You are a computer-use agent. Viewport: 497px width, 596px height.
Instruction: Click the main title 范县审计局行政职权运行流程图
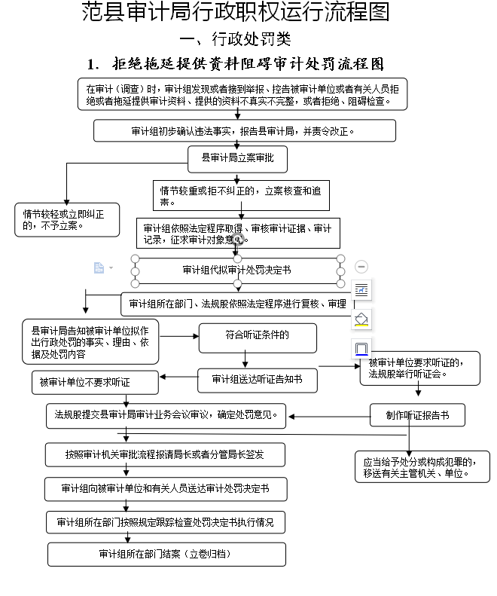(x=235, y=13)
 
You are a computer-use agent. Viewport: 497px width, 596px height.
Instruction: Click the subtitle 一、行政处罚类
(x=235, y=39)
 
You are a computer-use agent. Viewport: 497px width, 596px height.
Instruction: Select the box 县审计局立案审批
(x=237, y=158)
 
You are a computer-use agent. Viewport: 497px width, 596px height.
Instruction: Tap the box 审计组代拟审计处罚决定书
(x=237, y=270)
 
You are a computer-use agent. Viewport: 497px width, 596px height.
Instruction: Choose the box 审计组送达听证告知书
(x=257, y=380)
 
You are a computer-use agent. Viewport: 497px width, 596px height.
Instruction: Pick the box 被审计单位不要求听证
(x=95, y=382)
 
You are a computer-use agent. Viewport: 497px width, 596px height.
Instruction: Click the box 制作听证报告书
(x=417, y=414)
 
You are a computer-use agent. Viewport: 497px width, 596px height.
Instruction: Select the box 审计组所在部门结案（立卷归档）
(x=167, y=554)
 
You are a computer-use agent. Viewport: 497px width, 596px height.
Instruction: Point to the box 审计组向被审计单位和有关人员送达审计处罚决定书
(x=164, y=488)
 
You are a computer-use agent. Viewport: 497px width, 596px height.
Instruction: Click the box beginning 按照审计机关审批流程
(x=164, y=455)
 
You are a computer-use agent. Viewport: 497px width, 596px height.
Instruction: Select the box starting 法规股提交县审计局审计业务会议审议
(x=166, y=414)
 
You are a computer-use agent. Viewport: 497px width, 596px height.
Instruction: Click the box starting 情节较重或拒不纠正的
(x=240, y=195)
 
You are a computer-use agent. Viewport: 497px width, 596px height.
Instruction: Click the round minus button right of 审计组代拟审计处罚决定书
(x=361, y=267)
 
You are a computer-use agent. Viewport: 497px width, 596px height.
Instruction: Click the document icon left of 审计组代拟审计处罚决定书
(x=99, y=268)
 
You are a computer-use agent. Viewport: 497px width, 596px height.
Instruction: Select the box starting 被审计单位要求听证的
(x=420, y=368)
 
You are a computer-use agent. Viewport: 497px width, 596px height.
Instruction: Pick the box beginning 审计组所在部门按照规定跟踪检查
(x=166, y=521)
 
